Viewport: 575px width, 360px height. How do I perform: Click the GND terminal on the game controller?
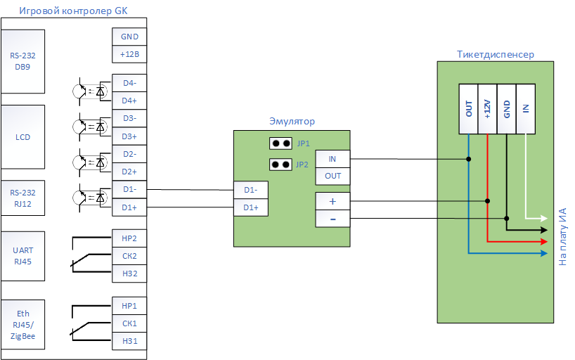129,37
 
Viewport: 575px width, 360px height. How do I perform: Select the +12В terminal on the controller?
129,54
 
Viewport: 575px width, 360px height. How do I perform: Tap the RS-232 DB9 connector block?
22,61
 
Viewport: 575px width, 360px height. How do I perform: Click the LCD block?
22,137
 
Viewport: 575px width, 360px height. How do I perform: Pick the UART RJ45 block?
22,256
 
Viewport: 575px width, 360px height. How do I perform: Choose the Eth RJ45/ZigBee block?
22,324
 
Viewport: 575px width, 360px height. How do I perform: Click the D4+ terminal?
129,101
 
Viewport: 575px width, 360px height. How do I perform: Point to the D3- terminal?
129,118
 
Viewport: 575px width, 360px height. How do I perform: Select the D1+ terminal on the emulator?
251,207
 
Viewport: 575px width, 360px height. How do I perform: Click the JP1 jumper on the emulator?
280,143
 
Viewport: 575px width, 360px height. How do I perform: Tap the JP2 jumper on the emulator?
280,165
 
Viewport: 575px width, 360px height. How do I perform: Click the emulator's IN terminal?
332,159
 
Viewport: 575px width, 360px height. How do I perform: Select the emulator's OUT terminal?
332,176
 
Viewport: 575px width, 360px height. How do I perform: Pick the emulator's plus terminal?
332,201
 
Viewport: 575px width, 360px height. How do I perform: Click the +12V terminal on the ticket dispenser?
487,109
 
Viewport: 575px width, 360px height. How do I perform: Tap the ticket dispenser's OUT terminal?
469,109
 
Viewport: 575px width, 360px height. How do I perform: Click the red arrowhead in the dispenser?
544,241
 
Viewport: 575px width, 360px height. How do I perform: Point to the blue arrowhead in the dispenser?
544,253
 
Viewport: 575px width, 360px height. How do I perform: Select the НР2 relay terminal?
129,238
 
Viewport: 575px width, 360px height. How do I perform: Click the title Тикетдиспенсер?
496,54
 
